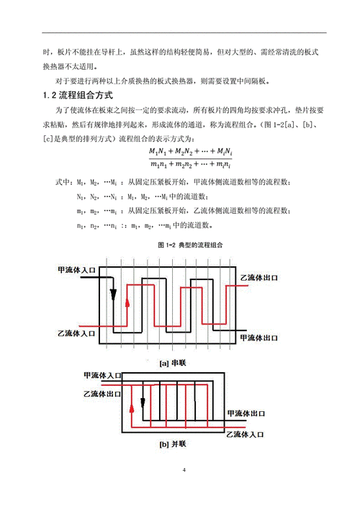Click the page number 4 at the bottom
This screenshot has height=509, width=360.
pos(184,471)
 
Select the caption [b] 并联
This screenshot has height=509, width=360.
pos(174,445)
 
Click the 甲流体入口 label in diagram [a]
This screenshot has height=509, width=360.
pos(76,271)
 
